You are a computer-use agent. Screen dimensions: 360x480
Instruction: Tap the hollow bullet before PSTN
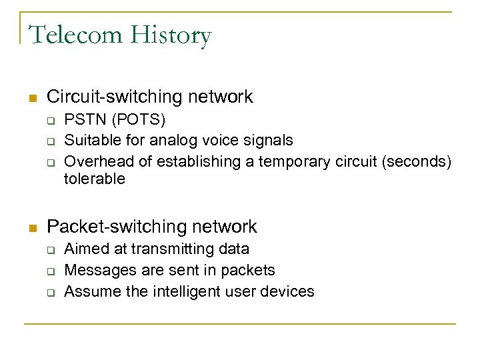tap(49, 121)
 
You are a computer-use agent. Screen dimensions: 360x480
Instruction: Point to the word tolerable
tap(94, 179)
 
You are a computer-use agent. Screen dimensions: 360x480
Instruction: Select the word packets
tap(249, 270)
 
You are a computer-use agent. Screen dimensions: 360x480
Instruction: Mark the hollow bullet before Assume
tap(49, 292)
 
